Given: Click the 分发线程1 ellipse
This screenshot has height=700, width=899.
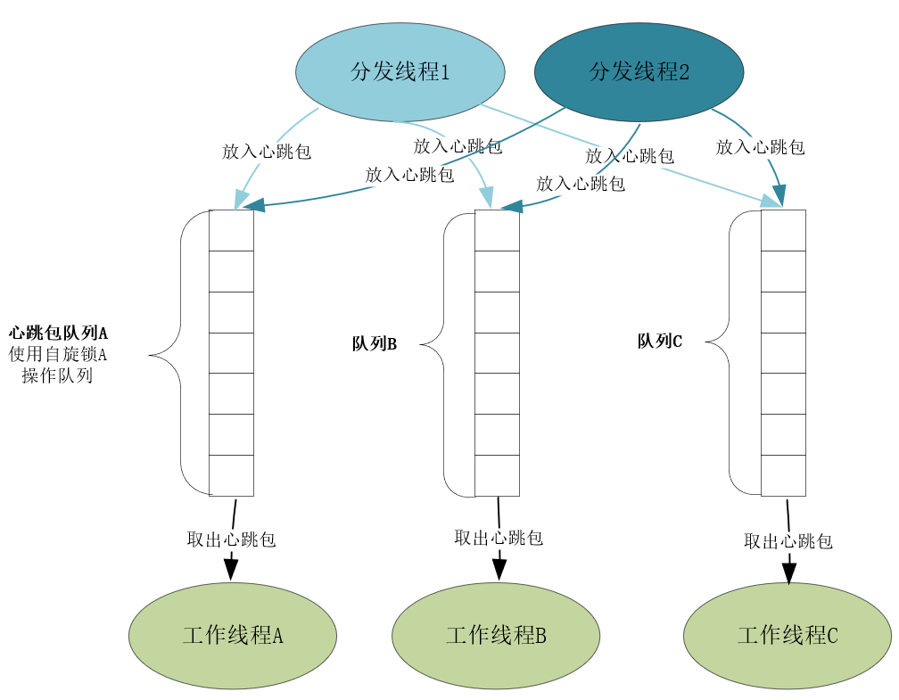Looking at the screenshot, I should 400,72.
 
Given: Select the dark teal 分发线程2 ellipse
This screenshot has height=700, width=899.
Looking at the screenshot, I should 639,72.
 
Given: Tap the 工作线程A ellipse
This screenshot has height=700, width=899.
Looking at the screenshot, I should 233,636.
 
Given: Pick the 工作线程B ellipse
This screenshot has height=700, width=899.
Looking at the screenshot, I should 496,636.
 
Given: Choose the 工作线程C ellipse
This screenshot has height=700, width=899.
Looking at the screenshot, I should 788,636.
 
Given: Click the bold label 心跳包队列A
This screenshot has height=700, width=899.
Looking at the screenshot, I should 58,333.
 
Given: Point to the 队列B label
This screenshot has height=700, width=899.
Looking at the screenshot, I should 374,344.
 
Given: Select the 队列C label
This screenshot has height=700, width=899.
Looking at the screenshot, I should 659,341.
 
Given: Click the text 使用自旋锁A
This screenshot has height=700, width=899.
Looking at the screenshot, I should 58,354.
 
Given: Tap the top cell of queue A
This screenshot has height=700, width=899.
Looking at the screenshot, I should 231,230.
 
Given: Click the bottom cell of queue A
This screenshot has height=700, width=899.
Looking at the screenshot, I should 231,475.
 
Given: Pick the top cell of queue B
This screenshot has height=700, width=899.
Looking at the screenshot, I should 497,230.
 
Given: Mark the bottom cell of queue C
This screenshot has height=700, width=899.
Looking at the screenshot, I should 783,475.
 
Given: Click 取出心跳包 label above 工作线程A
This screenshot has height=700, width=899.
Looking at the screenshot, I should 231,539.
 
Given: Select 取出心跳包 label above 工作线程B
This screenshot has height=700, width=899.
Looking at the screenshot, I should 499,538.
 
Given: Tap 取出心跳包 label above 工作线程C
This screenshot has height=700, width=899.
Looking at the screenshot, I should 788,541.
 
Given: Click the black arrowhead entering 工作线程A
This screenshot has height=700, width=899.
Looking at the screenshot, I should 231,569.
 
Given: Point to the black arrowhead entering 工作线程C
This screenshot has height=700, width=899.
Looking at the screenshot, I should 789,572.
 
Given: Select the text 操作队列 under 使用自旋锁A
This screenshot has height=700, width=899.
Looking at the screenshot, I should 58,375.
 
